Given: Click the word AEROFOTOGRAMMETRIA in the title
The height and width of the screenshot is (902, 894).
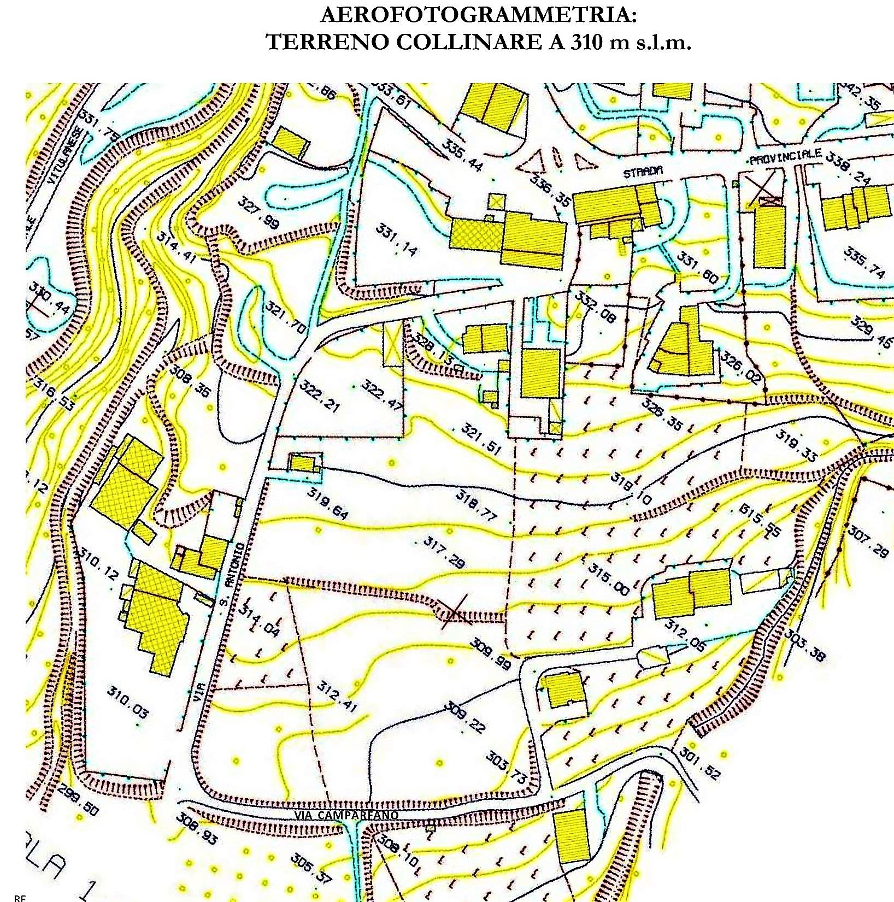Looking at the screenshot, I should (x=478, y=15).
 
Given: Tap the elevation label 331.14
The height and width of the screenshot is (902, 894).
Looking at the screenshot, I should (x=396, y=239).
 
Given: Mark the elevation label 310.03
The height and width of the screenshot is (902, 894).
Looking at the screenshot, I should (x=127, y=703).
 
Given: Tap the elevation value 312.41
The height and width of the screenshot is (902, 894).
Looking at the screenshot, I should (x=337, y=696).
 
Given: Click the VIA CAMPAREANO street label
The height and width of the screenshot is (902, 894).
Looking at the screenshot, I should (x=346, y=815).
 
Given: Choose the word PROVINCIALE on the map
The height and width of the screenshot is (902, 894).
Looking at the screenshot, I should (x=785, y=157).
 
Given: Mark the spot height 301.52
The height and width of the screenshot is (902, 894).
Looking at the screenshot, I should (x=700, y=763).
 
